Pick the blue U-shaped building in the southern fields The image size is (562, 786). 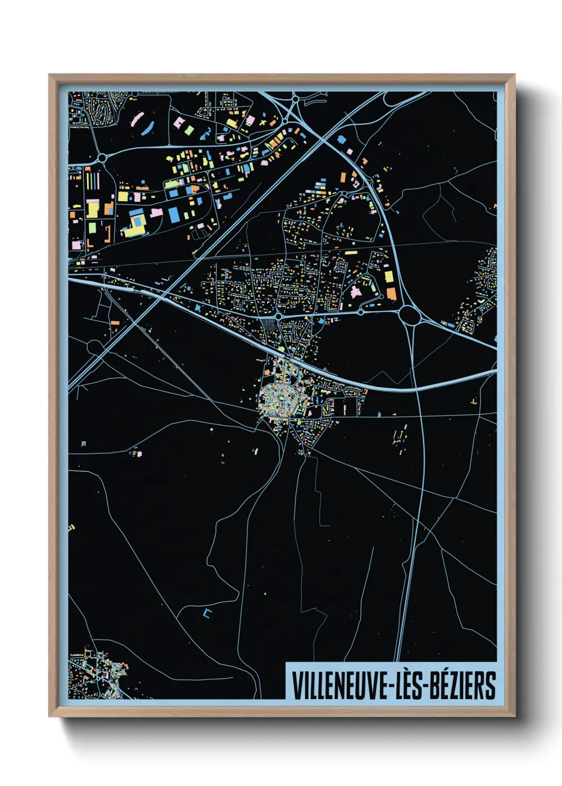(207, 613)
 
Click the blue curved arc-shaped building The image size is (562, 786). (148, 128)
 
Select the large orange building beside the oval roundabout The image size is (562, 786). (391, 293)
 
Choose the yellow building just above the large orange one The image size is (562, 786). (389, 277)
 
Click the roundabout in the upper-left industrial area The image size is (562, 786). (102, 158)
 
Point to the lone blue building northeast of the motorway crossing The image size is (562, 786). (341, 140)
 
